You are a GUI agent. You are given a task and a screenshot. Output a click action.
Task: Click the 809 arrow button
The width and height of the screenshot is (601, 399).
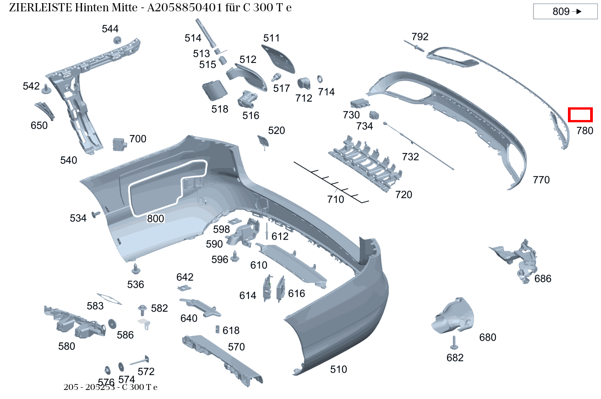pyautogui.click(x=565, y=12)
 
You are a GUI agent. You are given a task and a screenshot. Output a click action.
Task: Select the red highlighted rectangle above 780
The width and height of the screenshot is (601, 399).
pyautogui.click(x=580, y=115)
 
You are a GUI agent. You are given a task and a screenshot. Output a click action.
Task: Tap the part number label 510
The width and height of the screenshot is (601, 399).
pyautogui.click(x=338, y=370)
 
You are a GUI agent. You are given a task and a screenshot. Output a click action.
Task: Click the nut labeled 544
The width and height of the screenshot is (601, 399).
pyautogui.click(x=117, y=40)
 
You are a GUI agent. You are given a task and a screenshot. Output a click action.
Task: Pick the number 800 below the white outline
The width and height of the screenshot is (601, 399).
pyautogui.click(x=155, y=219)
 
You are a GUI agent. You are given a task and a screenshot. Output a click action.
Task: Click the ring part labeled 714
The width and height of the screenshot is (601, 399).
pyautogui.click(x=320, y=78)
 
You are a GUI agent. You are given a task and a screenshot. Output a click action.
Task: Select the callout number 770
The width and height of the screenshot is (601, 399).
pyautogui.click(x=541, y=180)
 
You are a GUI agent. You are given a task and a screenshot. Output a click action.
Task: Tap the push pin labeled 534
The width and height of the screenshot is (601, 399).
pyautogui.click(x=96, y=214)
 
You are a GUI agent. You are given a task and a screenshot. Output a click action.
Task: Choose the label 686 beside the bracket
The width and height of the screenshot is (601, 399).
pyautogui.click(x=543, y=279)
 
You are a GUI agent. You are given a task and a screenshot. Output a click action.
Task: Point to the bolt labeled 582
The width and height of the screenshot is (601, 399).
pyautogui.click(x=143, y=310)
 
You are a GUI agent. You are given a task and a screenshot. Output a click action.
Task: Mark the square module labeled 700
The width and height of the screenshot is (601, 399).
pyautogui.click(x=119, y=144)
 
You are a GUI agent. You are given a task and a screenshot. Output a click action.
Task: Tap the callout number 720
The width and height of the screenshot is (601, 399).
pyautogui.click(x=403, y=195)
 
